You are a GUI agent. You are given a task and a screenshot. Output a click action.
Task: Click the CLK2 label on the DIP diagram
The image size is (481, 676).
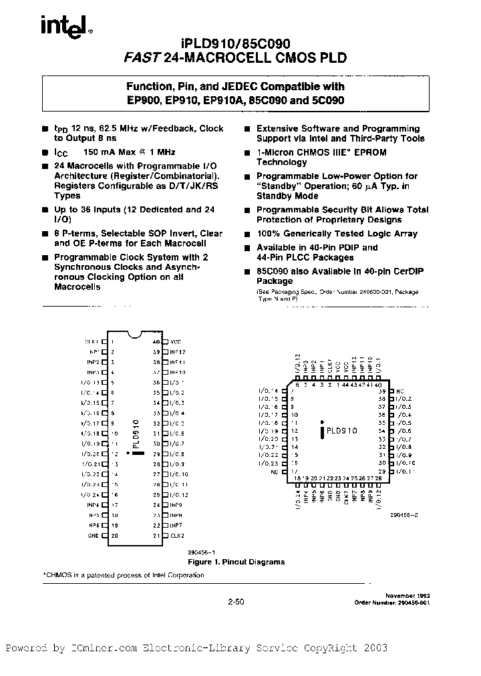click(x=176, y=536)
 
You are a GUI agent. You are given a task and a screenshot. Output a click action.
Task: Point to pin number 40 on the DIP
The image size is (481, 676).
click(x=156, y=341)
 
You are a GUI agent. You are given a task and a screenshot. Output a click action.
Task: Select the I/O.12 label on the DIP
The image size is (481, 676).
click(x=178, y=494)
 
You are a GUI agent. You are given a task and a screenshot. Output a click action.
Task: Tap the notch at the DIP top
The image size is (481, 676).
click(x=134, y=334)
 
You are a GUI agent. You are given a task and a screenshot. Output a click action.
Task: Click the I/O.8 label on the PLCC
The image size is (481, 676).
click(x=405, y=447)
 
